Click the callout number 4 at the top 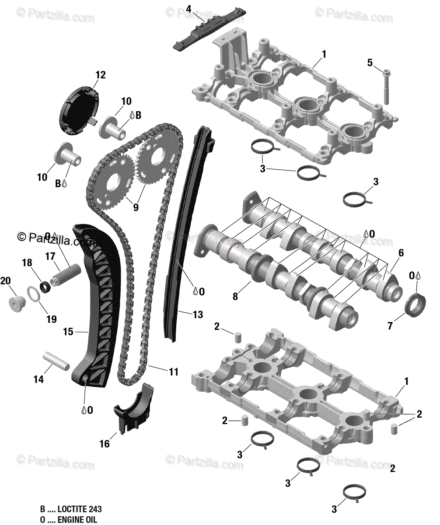pyautogui.click(x=189, y=8)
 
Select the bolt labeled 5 pyautogui.click(x=386, y=86)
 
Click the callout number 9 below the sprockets pyautogui.click(x=136, y=207)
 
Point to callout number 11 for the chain pyautogui.click(x=174, y=372)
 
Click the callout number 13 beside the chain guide pyautogui.click(x=198, y=314)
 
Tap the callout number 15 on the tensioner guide pyautogui.click(x=68, y=332)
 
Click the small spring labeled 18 pyautogui.click(x=44, y=287)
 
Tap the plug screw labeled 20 pyautogui.click(x=17, y=303)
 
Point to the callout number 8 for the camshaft pyautogui.click(x=235, y=297)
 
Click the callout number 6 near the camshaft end pyautogui.click(x=401, y=253)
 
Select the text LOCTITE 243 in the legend pyautogui.click(x=83, y=509)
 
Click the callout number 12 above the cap pyautogui.click(x=100, y=75)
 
